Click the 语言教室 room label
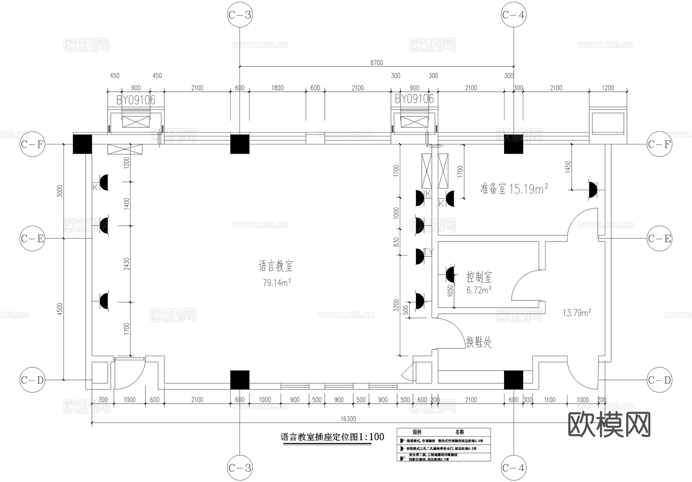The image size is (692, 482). tap(276, 266)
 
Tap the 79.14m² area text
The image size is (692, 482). tap(276, 283)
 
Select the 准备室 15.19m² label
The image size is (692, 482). tap(514, 189)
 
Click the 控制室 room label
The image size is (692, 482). tap(479, 277)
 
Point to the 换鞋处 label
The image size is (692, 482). tap(479, 342)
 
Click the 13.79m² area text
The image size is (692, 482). tap(577, 313)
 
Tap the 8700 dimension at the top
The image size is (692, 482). tap(376, 63)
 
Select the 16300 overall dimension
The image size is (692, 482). tap(348, 419)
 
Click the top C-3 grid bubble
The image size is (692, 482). tap(240, 15)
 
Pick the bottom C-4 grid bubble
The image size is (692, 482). tap(514, 468)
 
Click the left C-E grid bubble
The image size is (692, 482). tap(32, 239)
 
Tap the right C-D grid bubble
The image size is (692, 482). tap(659, 380)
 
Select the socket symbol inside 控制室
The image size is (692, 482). tap(450, 274)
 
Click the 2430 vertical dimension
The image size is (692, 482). tap(127, 263)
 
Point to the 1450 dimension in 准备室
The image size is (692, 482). tap(568, 166)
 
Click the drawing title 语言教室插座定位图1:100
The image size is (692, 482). tap(332, 437)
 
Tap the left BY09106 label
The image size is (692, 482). tap(136, 100)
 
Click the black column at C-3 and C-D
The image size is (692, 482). tap(240, 380)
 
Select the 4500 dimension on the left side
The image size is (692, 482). tap(60, 309)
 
